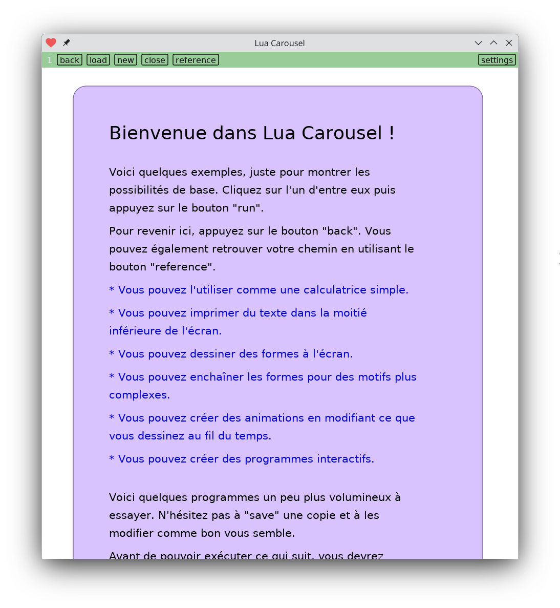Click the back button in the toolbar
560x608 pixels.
[70, 60]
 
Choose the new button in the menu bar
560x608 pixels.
[125, 60]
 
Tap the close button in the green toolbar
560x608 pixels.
[155, 60]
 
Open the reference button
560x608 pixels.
[196, 60]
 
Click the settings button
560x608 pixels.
[497, 60]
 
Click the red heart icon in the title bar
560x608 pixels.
[51, 43]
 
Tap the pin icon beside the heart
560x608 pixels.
[67, 43]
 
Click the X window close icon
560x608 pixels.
[509, 43]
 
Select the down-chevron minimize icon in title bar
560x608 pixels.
[478, 43]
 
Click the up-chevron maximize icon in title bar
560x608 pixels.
[493, 43]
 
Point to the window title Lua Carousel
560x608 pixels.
[279, 43]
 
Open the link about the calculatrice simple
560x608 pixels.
[259, 290]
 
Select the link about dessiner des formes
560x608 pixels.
[231, 354]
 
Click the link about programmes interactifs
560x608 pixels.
[242, 459]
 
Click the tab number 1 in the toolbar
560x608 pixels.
[50, 60]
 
